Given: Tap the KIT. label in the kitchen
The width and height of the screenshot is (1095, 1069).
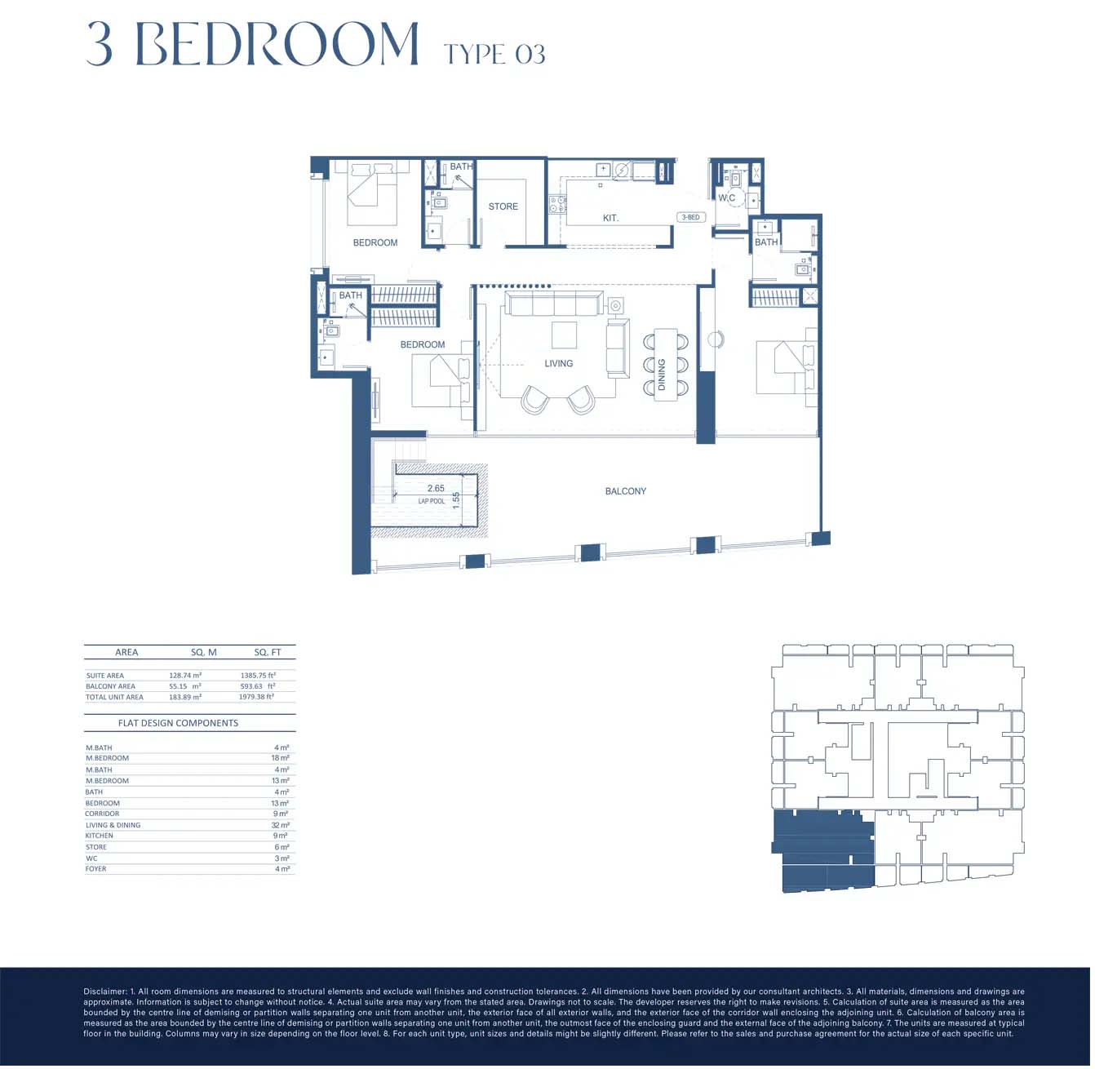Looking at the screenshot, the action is click(612, 219).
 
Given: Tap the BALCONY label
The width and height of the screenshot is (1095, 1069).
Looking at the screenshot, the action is click(627, 492).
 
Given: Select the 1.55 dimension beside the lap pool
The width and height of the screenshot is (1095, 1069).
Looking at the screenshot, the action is click(458, 502).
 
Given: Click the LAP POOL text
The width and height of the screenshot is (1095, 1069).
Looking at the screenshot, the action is click(432, 503).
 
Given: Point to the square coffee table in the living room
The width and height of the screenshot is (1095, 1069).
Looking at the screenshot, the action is click(565, 336).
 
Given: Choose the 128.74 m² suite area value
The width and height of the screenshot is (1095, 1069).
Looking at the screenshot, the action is click(186, 676).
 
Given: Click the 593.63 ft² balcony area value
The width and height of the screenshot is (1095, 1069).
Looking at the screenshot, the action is click(259, 687).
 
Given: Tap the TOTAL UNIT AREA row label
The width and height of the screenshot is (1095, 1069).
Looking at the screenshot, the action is click(115, 699).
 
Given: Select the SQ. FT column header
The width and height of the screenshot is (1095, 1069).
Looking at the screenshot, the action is click(268, 653).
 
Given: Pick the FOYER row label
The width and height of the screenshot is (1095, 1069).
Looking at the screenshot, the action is click(96, 870).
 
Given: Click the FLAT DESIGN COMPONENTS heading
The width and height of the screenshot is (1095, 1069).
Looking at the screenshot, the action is click(179, 724).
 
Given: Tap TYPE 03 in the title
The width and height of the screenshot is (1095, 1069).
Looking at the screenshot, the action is click(496, 55).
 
